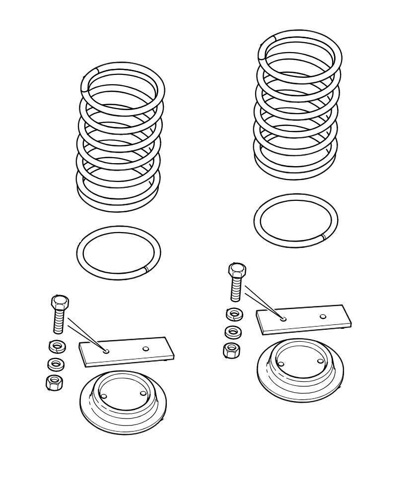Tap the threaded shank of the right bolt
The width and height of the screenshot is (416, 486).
click(x=236, y=291)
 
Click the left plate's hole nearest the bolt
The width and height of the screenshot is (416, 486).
click(x=107, y=351)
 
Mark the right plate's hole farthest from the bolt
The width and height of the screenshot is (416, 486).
click(x=323, y=316)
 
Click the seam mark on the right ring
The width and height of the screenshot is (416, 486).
click(x=323, y=237)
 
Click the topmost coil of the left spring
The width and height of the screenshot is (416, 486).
click(x=122, y=69)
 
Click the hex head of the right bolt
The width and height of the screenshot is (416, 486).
click(x=237, y=271)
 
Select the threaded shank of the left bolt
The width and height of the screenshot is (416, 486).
click(x=59, y=321)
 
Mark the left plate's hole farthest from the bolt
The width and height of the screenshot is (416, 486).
click(x=145, y=349)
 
